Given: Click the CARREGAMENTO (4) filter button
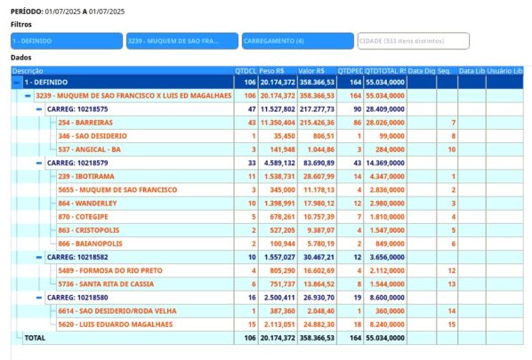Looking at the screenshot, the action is coord(297,41).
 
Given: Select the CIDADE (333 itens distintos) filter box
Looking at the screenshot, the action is coord(414,41).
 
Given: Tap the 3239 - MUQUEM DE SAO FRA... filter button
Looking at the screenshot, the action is coord(182,41).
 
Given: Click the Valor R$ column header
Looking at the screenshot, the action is coord(311,71).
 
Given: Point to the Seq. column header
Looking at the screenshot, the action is coord(444,71).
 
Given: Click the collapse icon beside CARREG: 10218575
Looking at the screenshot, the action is coord(39,109).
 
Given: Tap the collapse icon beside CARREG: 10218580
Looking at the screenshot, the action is coord(39,298).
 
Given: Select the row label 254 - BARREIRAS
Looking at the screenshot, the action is coord(85,123).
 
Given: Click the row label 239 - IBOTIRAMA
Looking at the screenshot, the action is coord(86,176).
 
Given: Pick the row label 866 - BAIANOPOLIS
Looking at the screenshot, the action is coord(90,244).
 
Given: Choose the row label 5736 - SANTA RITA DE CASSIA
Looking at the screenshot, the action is coord(106,284).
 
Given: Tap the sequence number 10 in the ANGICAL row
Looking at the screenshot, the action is coord(452,149).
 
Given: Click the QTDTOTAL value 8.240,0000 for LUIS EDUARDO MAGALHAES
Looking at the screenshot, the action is coord(385,324).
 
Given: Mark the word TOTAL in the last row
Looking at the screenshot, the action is coord(35,338).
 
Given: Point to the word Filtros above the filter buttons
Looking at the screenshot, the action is coord(21,24).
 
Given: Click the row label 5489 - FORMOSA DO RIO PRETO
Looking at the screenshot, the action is coord(110,270).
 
